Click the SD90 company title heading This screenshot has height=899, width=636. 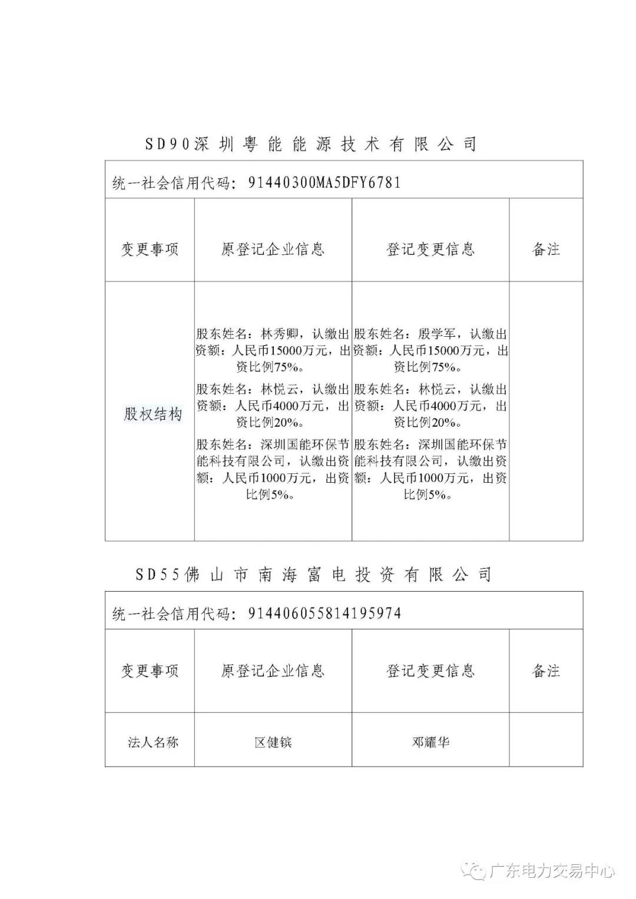click(x=310, y=144)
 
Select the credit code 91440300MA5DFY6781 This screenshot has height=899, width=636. click(x=324, y=183)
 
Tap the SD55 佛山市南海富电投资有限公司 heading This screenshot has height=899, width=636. click(x=313, y=575)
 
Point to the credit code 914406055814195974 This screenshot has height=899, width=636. click(x=324, y=613)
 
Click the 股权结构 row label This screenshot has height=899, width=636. click(x=153, y=414)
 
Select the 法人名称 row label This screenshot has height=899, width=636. click(x=153, y=742)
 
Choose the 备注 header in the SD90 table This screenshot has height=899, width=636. click(x=546, y=249)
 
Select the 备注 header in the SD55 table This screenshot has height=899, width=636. click(x=546, y=671)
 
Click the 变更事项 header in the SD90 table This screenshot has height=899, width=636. click(x=150, y=249)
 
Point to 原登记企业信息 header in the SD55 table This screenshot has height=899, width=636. click(x=273, y=671)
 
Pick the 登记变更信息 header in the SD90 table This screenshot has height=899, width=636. click(x=430, y=249)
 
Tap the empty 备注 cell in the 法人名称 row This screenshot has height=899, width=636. click(x=546, y=740)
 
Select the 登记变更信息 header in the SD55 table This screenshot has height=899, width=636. click(x=430, y=671)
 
